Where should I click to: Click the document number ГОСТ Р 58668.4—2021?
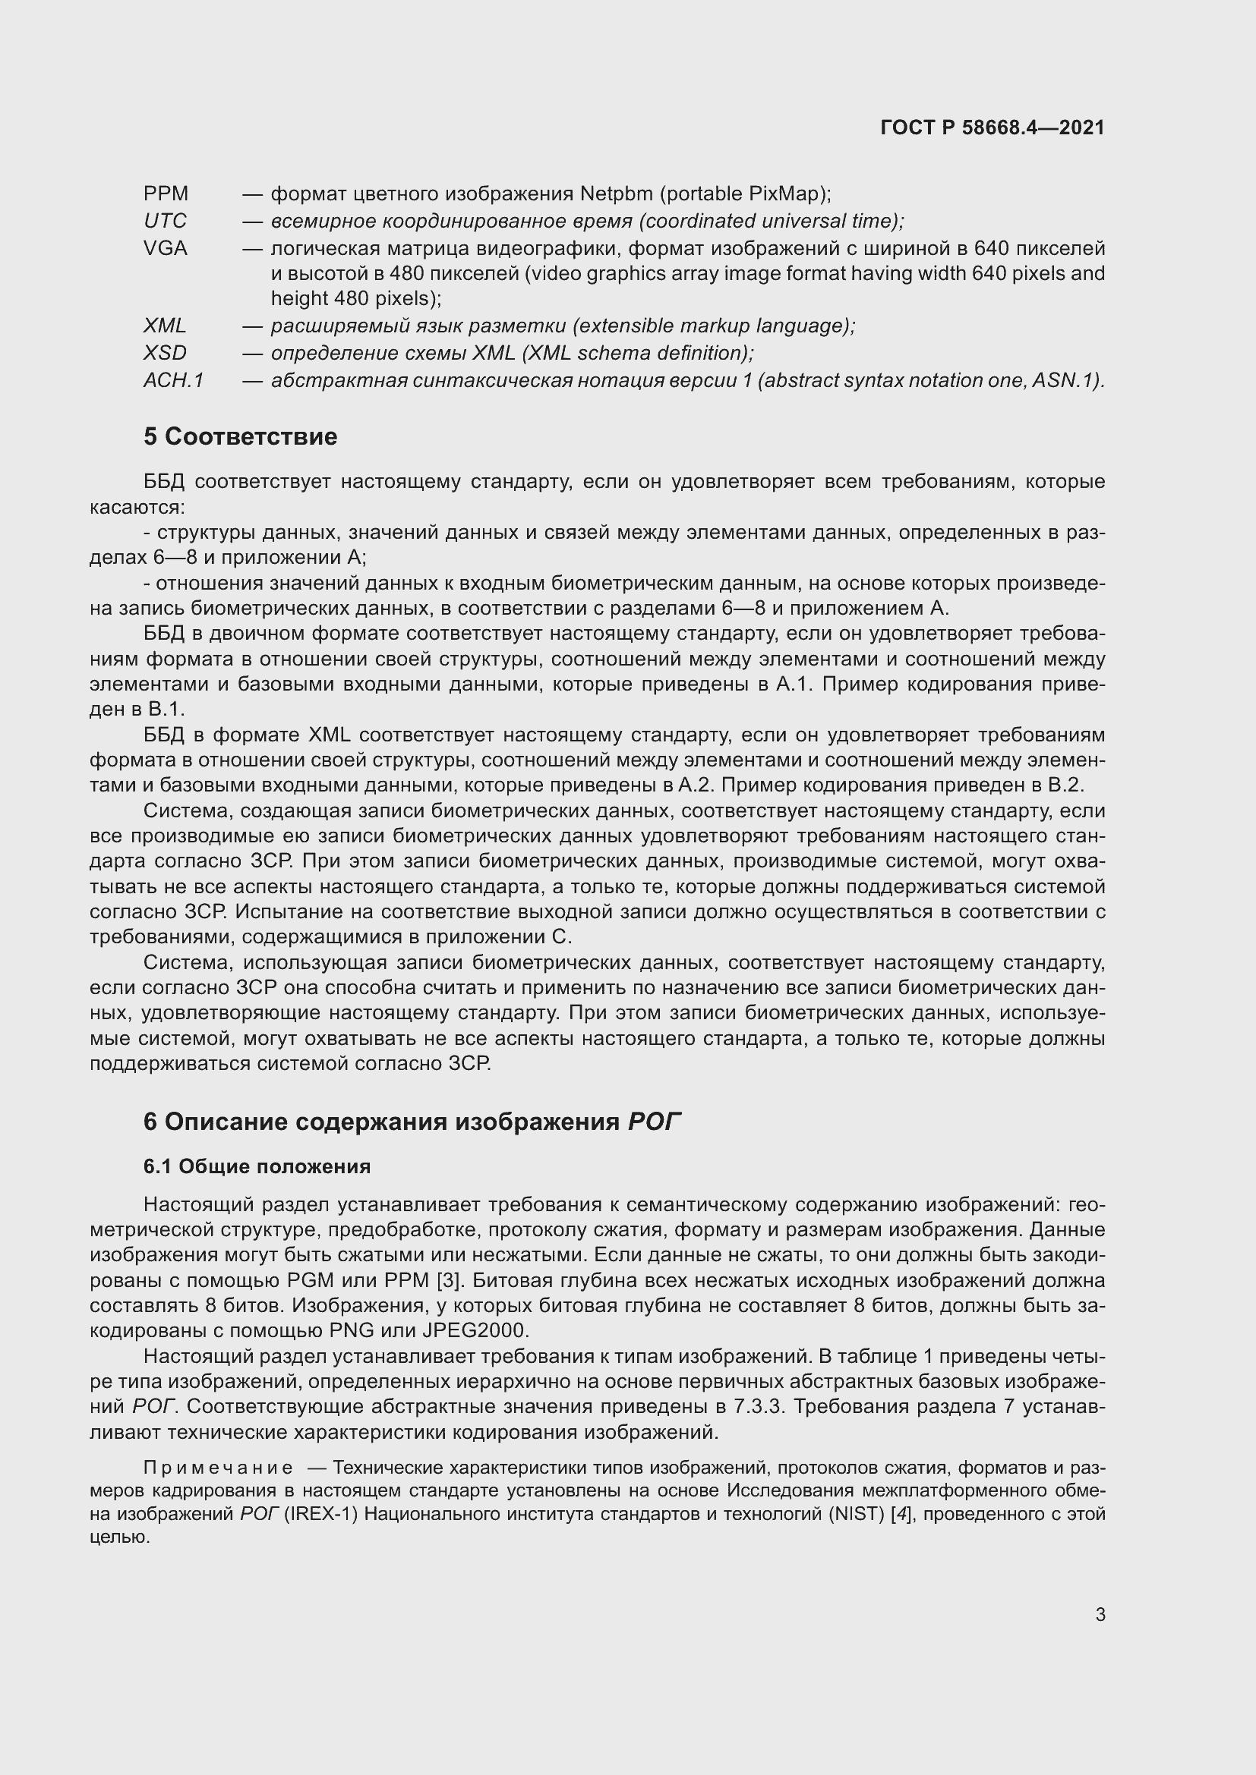992,127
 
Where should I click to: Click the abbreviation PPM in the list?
166,194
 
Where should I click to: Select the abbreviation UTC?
165,221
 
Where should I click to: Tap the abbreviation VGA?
166,248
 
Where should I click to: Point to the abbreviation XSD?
165,354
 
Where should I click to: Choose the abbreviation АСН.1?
173,380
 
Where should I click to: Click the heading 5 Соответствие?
240,437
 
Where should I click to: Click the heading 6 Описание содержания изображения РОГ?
412,1122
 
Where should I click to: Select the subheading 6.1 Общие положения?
257,1166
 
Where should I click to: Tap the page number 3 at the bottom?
1100,1615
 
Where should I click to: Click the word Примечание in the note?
218,1468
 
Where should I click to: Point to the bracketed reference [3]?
448,1281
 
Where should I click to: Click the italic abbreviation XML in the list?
165,326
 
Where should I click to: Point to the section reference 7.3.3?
759,1407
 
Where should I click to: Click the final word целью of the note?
119,1537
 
